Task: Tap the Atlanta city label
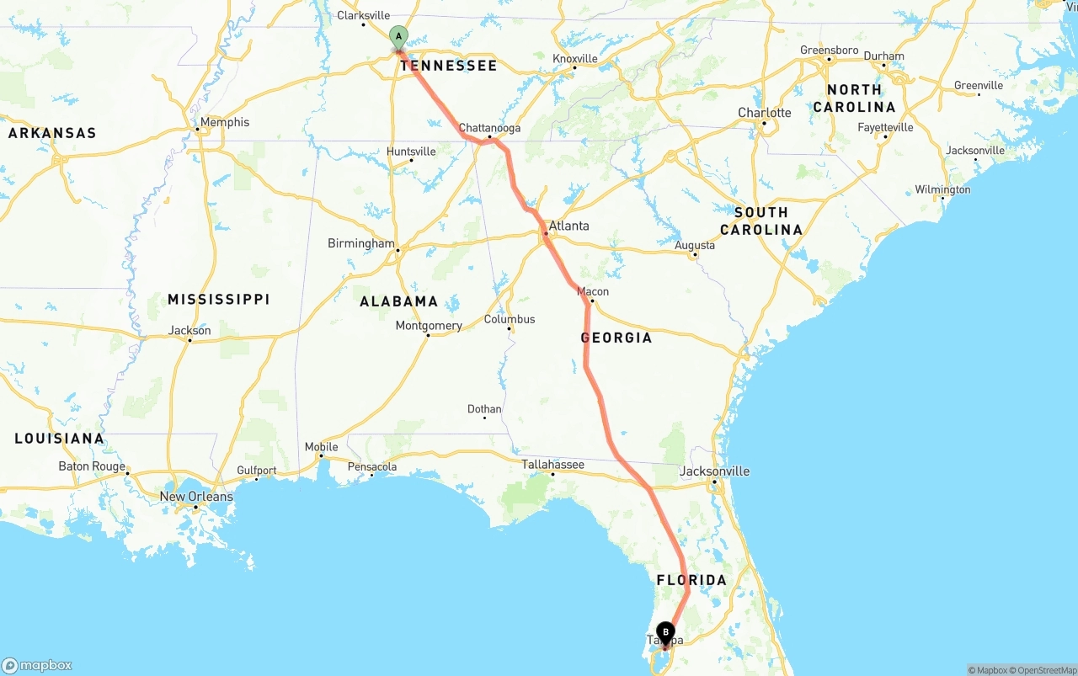pyautogui.click(x=568, y=226)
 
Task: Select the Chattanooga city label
pyautogui.click(x=489, y=128)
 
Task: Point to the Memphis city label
pyautogui.click(x=224, y=122)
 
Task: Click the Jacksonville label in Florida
pyautogui.click(x=714, y=471)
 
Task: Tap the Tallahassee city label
pyautogui.click(x=552, y=464)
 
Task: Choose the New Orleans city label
pyautogui.click(x=196, y=497)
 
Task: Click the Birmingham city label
pyautogui.click(x=360, y=243)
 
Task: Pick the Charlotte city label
pyautogui.click(x=765, y=113)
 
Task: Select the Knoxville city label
pyautogui.click(x=575, y=58)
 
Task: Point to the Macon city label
pyautogui.click(x=593, y=291)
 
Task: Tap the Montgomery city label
pyautogui.click(x=429, y=326)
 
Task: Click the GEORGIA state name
pyautogui.click(x=616, y=338)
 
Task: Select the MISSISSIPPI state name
pyautogui.click(x=218, y=300)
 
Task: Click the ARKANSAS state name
pyautogui.click(x=52, y=133)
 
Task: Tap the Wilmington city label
pyautogui.click(x=942, y=189)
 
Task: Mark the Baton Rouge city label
pyautogui.click(x=92, y=466)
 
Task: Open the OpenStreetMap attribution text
pyautogui.click(x=1045, y=670)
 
